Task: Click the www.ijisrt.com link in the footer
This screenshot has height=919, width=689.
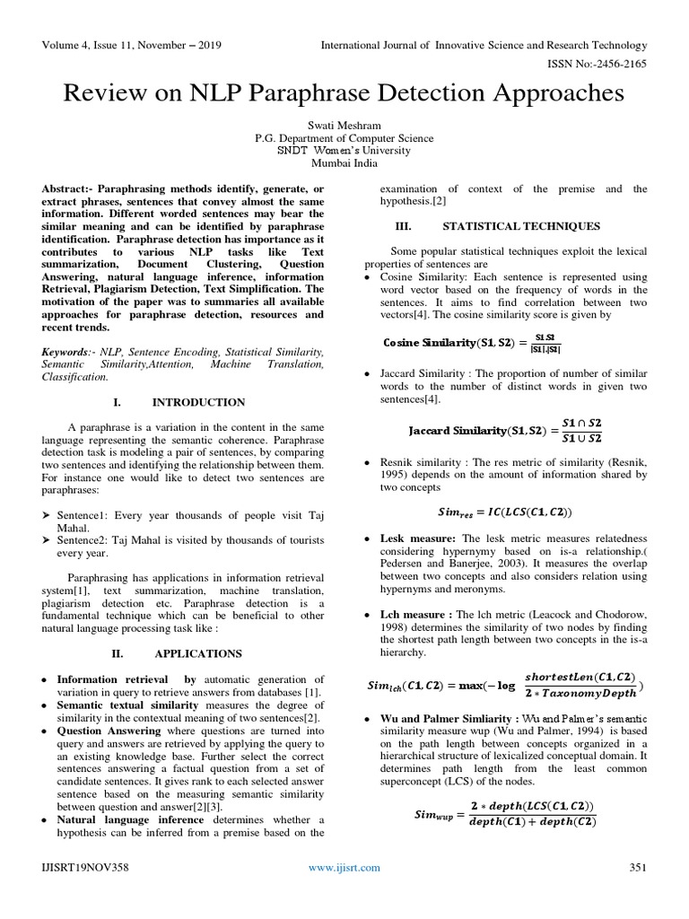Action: click(x=344, y=867)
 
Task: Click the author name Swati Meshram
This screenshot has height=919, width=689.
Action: click(x=344, y=125)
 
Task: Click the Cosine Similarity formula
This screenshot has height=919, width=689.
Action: click(x=472, y=343)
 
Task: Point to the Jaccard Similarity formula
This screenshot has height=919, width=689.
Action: click(x=505, y=430)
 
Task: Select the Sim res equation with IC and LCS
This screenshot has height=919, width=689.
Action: click(x=504, y=512)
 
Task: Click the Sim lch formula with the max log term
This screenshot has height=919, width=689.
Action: click(x=505, y=686)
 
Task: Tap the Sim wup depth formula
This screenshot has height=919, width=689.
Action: click(x=505, y=815)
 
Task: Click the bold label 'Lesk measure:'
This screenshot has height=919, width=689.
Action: click(x=418, y=538)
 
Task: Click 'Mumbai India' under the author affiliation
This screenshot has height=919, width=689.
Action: click(x=344, y=163)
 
